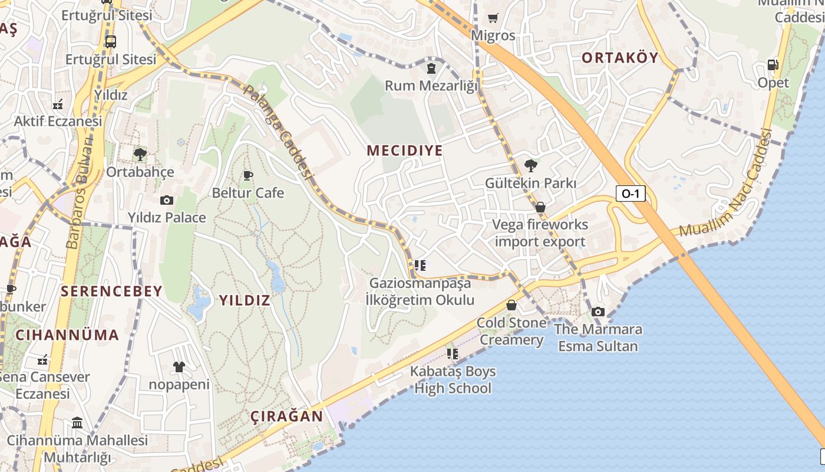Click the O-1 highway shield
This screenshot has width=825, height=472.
pyautogui.click(x=630, y=193)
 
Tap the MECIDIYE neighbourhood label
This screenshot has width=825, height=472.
pyautogui.click(x=404, y=150)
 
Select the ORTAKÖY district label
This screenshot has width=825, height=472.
pyautogui.click(x=619, y=58)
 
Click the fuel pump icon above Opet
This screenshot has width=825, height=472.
pyautogui.click(x=773, y=65)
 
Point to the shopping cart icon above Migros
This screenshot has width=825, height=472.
pyautogui.click(x=493, y=18)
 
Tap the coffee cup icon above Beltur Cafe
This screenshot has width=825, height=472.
pyautogui.click(x=248, y=175)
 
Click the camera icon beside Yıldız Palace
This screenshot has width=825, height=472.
pyautogui.click(x=167, y=200)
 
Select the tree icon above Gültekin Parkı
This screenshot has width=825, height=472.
pyautogui.click(x=530, y=165)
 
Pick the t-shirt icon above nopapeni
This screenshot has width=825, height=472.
pyautogui.click(x=179, y=367)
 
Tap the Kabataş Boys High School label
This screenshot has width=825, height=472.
pyautogui.click(x=453, y=380)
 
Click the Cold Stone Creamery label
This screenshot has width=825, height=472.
pyautogui.click(x=511, y=331)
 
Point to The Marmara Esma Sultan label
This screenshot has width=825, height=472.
pyautogui.click(x=598, y=337)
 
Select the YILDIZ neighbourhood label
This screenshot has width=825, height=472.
pyautogui.click(x=245, y=300)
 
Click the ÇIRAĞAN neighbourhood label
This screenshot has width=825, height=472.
pyautogui.click(x=287, y=416)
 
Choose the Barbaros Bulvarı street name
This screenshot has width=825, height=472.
pyautogui.click(x=80, y=193)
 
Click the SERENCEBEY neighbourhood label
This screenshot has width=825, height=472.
pyautogui.click(x=111, y=291)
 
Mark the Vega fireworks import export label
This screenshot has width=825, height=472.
pyautogui.click(x=540, y=233)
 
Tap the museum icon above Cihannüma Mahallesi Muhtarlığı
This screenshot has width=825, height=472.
pyautogui.click(x=77, y=423)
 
